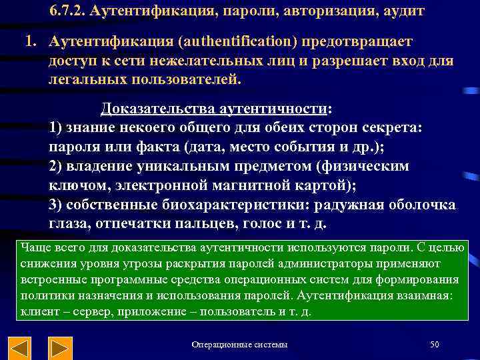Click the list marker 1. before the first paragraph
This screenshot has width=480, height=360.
click(31, 42)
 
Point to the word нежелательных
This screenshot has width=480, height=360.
click(180, 61)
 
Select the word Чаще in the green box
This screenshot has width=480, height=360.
click(35, 248)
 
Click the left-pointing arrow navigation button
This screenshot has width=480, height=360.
click(19, 347)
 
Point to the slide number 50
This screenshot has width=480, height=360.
click(435, 345)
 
